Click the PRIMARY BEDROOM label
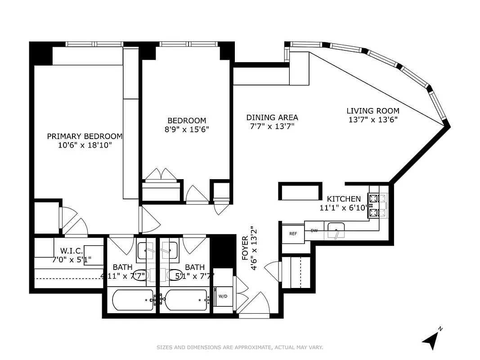point(85,136)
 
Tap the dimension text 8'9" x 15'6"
point(187,129)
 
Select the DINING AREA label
point(272,117)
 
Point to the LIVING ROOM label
point(372,111)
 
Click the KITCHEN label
point(343,199)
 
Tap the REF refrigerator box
point(293,234)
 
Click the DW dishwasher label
point(314,230)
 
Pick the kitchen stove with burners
point(377,206)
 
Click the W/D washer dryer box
point(223,297)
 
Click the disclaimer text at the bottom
point(240,347)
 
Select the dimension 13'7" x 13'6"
point(372,120)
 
